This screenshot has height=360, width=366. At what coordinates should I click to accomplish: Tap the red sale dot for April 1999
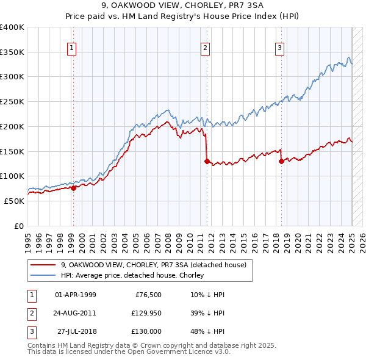coord(73,188)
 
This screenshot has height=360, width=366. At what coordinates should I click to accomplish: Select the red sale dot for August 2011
coord(207,162)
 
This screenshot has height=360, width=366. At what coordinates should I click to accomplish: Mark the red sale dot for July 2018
coord(281,162)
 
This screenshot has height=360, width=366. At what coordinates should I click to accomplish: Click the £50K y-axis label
coord(14,201)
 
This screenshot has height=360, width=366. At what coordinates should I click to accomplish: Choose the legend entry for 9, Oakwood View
coord(153,265)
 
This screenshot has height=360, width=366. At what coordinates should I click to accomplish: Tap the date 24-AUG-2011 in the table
coord(75,313)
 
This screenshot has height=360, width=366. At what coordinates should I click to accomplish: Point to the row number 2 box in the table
coord(31,313)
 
